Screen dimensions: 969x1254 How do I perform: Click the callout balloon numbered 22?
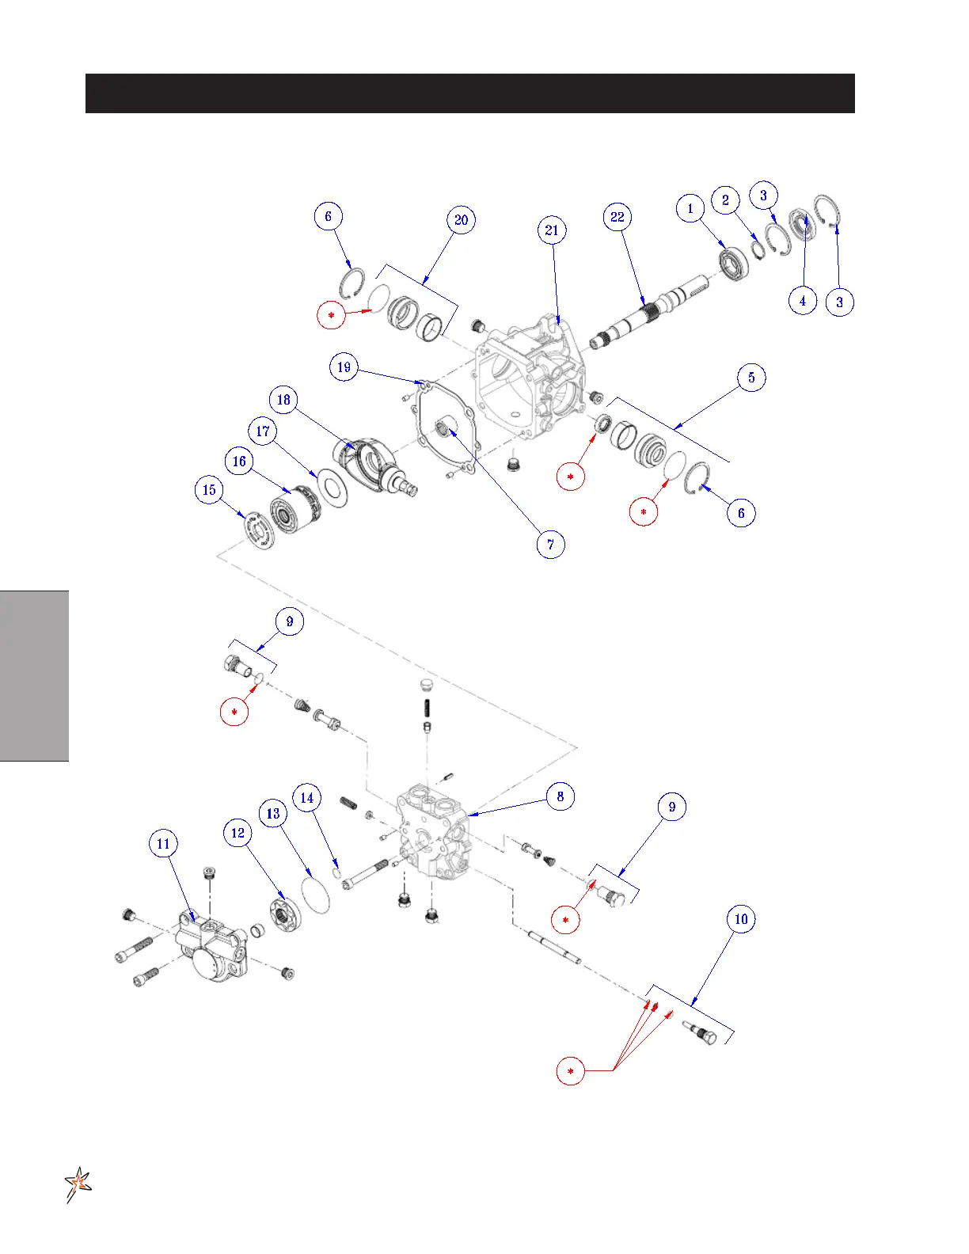[x=617, y=217]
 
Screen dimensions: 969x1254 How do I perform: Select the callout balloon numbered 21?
[x=552, y=230]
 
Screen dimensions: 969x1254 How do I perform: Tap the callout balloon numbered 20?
[x=461, y=220]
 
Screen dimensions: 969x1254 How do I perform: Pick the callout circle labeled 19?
[x=344, y=367]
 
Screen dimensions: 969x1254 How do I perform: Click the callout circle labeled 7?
[x=551, y=545]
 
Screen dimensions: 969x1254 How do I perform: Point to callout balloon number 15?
[x=209, y=490]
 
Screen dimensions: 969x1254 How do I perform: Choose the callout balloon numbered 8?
[x=560, y=796]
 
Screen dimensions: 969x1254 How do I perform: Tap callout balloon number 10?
[x=741, y=919]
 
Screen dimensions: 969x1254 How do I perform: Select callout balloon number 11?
[x=163, y=844]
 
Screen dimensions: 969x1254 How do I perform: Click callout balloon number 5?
[x=751, y=378]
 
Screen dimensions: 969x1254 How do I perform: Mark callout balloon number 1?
[x=690, y=209]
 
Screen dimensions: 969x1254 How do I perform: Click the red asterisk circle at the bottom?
[x=571, y=1071]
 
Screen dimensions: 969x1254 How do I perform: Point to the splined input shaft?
[x=649, y=313]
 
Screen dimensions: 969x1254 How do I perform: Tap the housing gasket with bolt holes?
[x=443, y=431]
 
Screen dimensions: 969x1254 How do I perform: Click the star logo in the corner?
[x=78, y=1184]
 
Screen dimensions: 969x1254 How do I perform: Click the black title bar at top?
[x=469, y=93]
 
